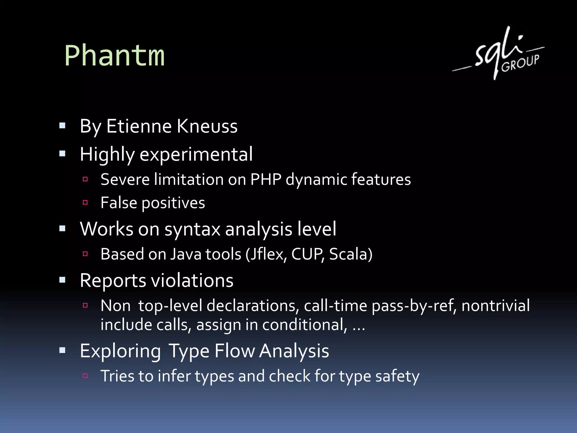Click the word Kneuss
(207, 126)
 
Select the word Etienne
(139, 126)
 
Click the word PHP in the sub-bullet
(266, 179)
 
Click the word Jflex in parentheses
(268, 254)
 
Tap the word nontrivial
(496, 306)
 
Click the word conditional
(305, 325)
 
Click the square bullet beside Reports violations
(62, 280)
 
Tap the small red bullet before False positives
(85, 202)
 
